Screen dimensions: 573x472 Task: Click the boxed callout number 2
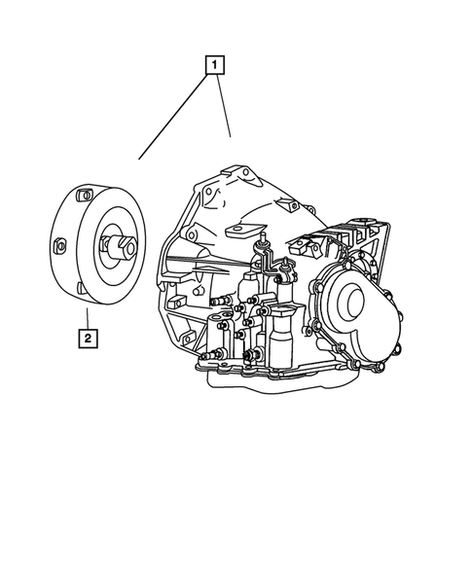coord(88,339)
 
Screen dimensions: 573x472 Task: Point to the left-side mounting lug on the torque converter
coord(60,245)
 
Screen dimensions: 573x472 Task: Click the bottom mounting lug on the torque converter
coord(76,286)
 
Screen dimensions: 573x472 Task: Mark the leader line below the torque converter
coord(87,317)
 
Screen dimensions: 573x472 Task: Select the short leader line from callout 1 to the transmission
coord(223,107)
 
